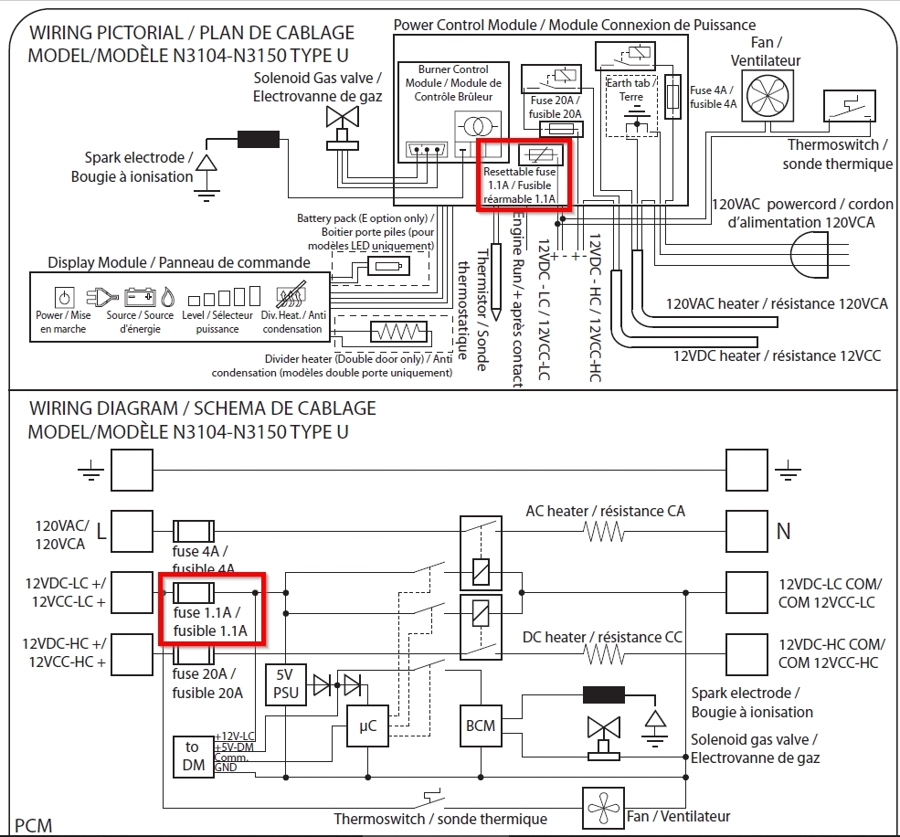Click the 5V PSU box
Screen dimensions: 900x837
click(x=286, y=684)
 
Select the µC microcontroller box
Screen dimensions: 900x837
click(x=367, y=726)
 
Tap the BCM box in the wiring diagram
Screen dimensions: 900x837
click(x=481, y=726)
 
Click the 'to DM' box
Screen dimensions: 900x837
click(x=194, y=757)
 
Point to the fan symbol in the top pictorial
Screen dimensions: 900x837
click(x=768, y=96)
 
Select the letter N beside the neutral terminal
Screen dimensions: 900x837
click(x=783, y=531)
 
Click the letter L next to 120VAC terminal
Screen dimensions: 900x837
click(x=101, y=532)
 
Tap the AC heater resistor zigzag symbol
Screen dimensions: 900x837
click(x=604, y=532)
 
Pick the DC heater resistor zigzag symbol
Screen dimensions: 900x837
click(x=604, y=654)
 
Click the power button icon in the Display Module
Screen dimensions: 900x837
click(x=64, y=297)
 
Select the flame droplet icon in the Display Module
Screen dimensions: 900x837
click(x=167, y=297)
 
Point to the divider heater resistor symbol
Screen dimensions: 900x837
click(x=399, y=332)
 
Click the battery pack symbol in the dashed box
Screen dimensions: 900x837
click(x=388, y=266)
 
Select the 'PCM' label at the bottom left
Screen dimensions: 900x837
click(x=33, y=825)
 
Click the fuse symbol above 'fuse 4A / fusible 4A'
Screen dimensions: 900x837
click(x=194, y=532)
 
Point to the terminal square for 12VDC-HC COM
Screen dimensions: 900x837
click(x=746, y=654)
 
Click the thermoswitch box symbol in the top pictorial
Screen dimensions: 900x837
click(x=850, y=106)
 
